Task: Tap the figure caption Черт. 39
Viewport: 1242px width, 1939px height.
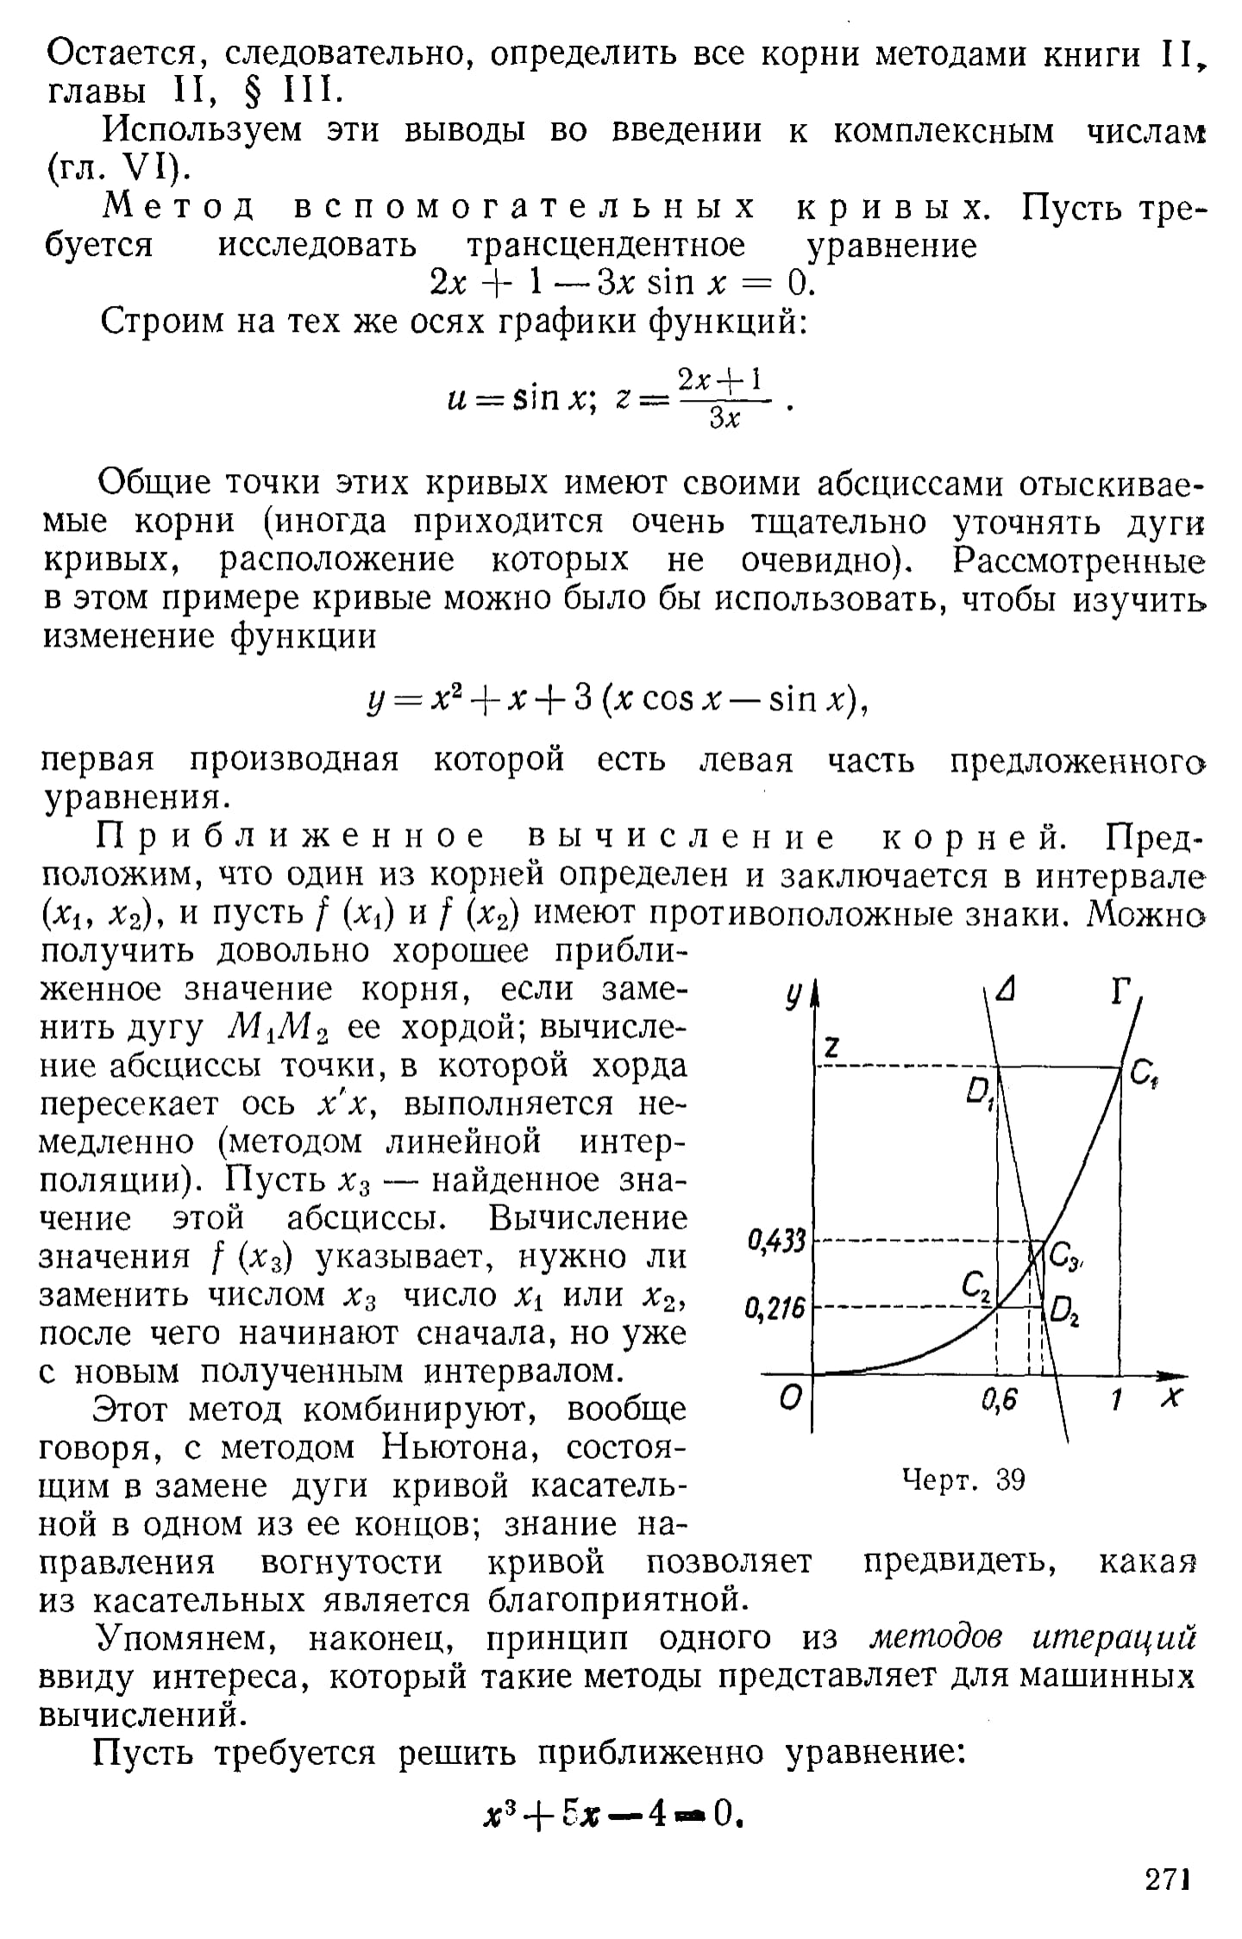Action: tap(963, 1480)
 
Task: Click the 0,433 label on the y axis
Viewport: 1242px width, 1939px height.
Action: tap(776, 1242)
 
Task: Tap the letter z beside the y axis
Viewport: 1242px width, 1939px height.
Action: tap(832, 1048)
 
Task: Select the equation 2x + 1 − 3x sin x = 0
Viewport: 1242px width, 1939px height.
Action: tap(621, 283)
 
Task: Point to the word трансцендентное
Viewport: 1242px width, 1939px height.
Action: tap(605, 246)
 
